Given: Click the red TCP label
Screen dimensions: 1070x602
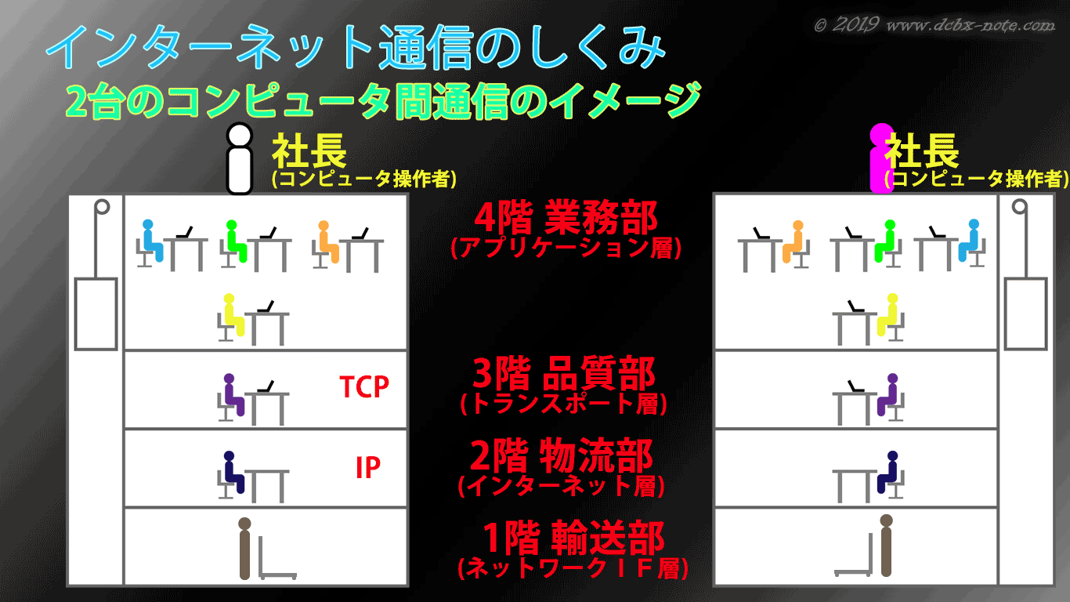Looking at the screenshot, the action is pyautogui.click(x=364, y=386).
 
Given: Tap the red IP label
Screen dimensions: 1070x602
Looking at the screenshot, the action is pyautogui.click(x=368, y=467).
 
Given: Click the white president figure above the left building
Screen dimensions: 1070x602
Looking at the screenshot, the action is pyautogui.click(x=240, y=159).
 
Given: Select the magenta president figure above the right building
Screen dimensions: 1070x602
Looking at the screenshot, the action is pyautogui.click(x=881, y=158).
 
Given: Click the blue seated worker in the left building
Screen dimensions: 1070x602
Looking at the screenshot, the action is pyautogui.click(x=152, y=241).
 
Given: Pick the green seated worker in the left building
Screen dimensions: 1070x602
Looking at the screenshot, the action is pyautogui.click(x=236, y=241).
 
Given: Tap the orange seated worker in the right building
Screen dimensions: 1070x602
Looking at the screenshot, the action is pyautogui.click(x=793, y=241).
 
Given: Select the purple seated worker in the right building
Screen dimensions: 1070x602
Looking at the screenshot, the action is pyautogui.click(x=888, y=394).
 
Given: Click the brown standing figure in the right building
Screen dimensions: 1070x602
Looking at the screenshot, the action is pyautogui.click(x=886, y=546).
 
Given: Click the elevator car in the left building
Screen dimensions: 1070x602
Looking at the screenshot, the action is pyautogui.click(x=96, y=314).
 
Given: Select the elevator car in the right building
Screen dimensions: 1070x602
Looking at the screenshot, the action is pyautogui.click(x=1025, y=314).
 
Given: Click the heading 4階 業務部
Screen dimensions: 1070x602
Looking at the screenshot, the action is pyautogui.click(x=566, y=218).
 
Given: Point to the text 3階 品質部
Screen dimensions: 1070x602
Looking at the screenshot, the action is pyautogui.click(x=564, y=373).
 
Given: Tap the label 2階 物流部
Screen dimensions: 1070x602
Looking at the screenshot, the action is pyautogui.click(x=562, y=455).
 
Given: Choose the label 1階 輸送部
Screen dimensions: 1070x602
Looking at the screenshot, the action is pyautogui.click(x=573, y=538).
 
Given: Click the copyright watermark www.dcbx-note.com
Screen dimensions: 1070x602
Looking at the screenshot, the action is pyautogui.click(x=971, y=25).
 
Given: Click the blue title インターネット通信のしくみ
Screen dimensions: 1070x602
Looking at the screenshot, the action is pyautogui.click(x=356, y=46).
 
